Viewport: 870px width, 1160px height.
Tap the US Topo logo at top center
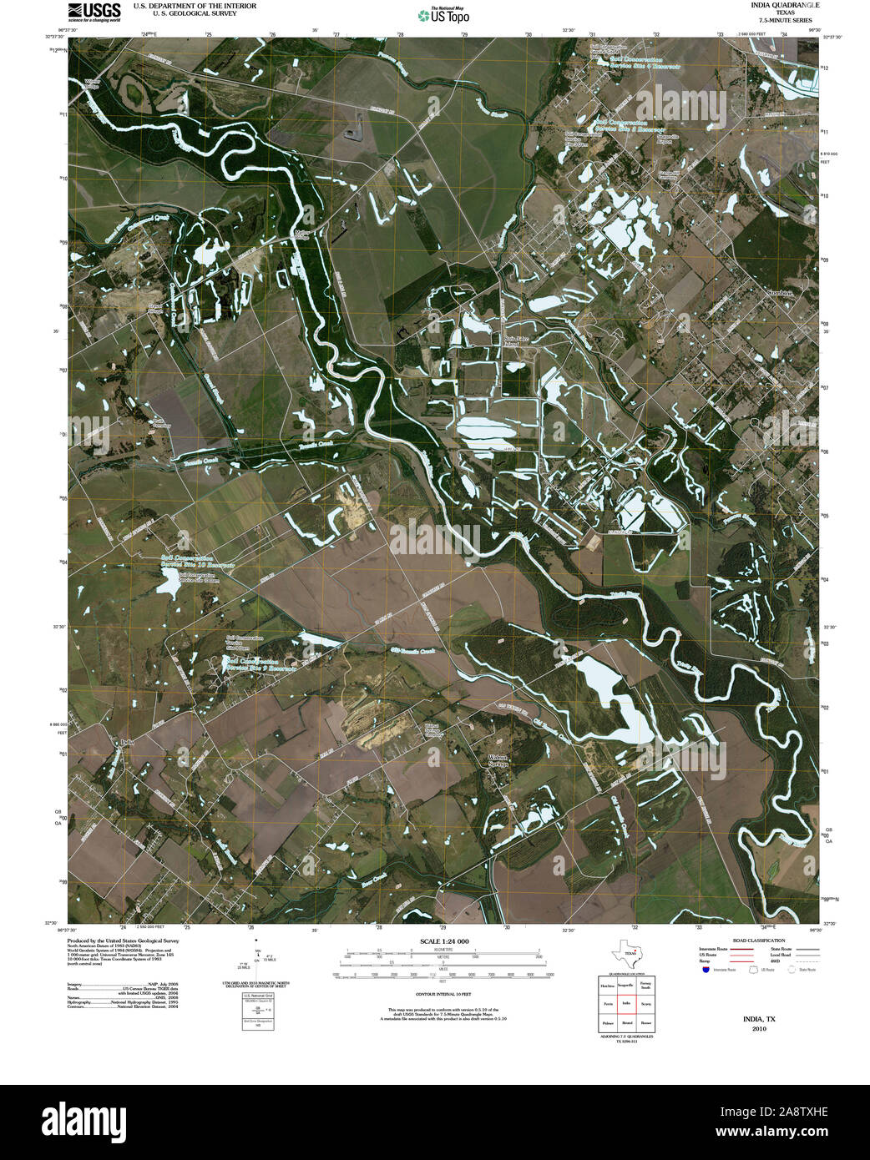[443, 14]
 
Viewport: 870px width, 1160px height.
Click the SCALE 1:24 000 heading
[440, 941]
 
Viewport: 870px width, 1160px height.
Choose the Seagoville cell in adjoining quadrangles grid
[626, 986]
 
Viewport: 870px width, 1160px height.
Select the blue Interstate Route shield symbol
[706, 971]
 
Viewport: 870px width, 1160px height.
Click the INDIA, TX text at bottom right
[759, 1019]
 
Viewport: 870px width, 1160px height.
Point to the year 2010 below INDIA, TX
[759, 1029]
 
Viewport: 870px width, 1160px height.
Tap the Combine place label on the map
[780, 293]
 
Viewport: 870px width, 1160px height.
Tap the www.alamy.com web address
[790, 1132]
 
